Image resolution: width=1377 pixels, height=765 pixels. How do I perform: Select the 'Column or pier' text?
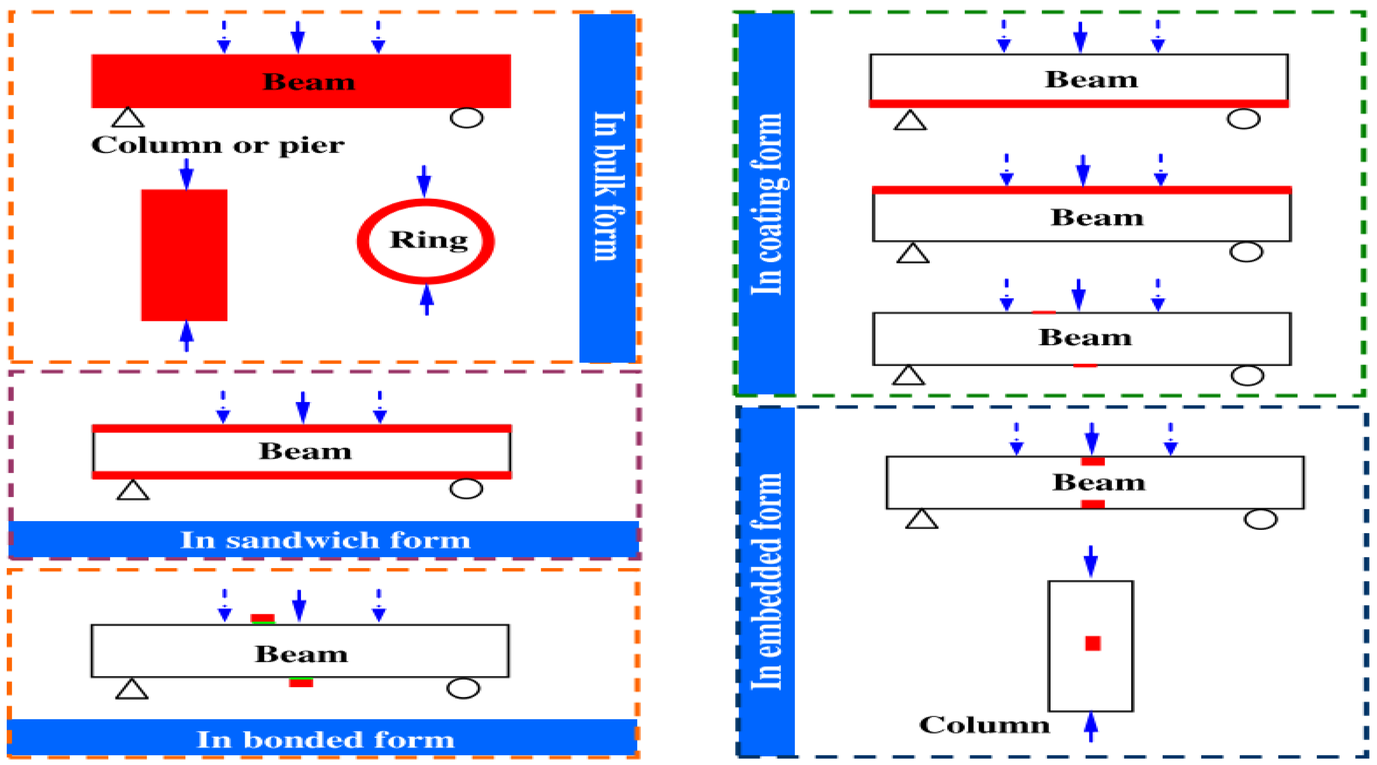[218, 145]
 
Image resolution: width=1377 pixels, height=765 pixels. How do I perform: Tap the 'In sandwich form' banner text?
[325, 540]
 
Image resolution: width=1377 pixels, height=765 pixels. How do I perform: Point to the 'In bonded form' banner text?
[325, 740]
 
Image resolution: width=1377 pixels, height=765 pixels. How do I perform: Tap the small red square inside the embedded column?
[1093, 643]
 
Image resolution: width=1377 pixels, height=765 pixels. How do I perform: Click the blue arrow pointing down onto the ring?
[424, 181]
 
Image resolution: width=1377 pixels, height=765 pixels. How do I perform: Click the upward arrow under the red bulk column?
[186, 336]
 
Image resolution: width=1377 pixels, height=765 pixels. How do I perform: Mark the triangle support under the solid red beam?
[128, 118]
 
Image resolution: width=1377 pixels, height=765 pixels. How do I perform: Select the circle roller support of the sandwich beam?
[466, 488]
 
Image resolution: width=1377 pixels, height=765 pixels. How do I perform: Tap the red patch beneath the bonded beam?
[301, 682]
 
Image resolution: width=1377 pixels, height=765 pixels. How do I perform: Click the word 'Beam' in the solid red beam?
[308, 82]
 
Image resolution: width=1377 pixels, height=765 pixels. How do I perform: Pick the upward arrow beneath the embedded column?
[1091, 727]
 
